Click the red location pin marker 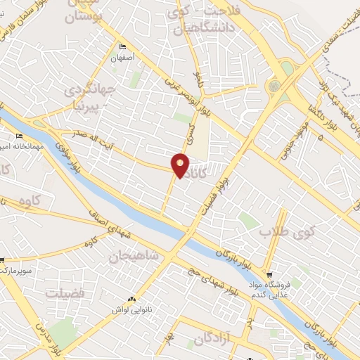coord(181,165)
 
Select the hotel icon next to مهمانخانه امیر coord(20,136)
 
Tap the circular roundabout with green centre coord(273,86)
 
